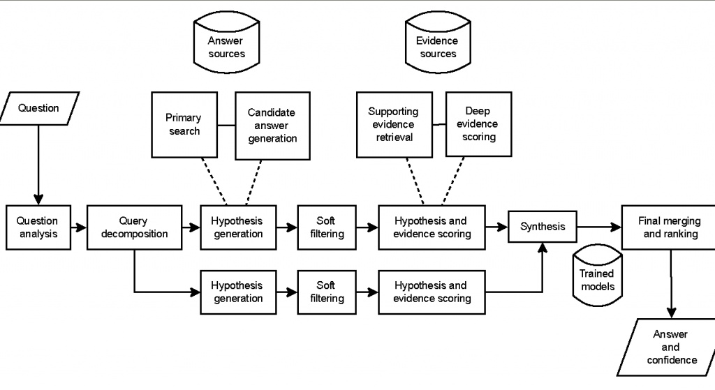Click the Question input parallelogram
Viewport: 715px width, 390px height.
click(39, 108)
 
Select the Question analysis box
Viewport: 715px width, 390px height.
click(38, 227)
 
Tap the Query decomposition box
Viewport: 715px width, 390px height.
click(135, 227)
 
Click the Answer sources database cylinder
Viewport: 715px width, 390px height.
click(227, 43)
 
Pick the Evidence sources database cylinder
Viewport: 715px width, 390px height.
click(438, 43)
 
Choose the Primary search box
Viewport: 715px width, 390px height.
click(184, 125)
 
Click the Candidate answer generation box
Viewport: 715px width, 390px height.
click(273, 126)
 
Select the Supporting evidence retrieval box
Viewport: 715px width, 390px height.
click(395, 125)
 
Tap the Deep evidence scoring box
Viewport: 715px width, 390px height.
click(479, 124)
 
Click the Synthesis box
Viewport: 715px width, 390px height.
click(543, 227)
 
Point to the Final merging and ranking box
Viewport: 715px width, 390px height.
click(668, 227)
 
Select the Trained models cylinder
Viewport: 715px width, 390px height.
click(598, 275)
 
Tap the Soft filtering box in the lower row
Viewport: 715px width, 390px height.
click(327, 292)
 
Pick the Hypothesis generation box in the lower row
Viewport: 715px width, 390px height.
click(239, 292)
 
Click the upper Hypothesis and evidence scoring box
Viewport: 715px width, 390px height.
click(432, 227)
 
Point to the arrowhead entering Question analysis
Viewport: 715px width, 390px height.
click(38, 200)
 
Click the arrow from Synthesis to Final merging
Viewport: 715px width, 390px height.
click(599, 227)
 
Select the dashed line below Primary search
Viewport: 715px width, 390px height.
click(214, 181)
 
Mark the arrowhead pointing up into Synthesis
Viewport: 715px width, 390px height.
click(542, 248)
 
